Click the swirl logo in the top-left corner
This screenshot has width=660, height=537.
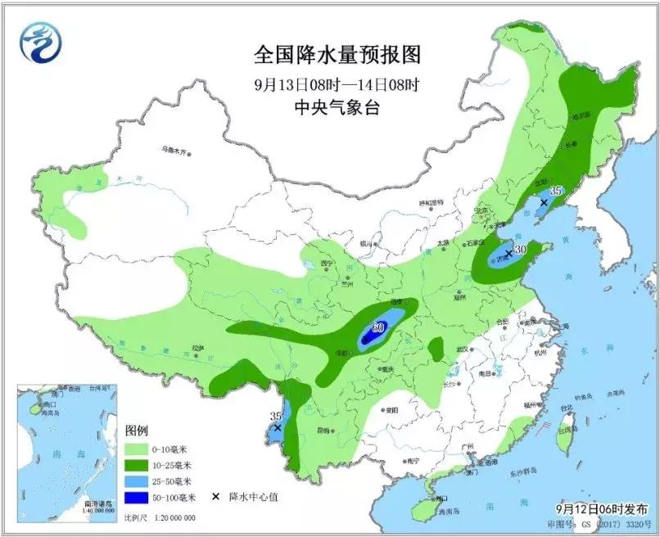(x=41, y=43)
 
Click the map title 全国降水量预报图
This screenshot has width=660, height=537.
(x=337, y=55)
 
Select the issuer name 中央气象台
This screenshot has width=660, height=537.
(x=337, y=107)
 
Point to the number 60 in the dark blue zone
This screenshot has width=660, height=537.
(x=377, y=328)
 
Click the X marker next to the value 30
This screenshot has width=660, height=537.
(x=508, y=254)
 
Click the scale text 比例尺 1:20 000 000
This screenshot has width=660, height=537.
(x=160, y=518)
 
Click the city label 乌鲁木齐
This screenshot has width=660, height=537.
(x=174, y=151)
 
